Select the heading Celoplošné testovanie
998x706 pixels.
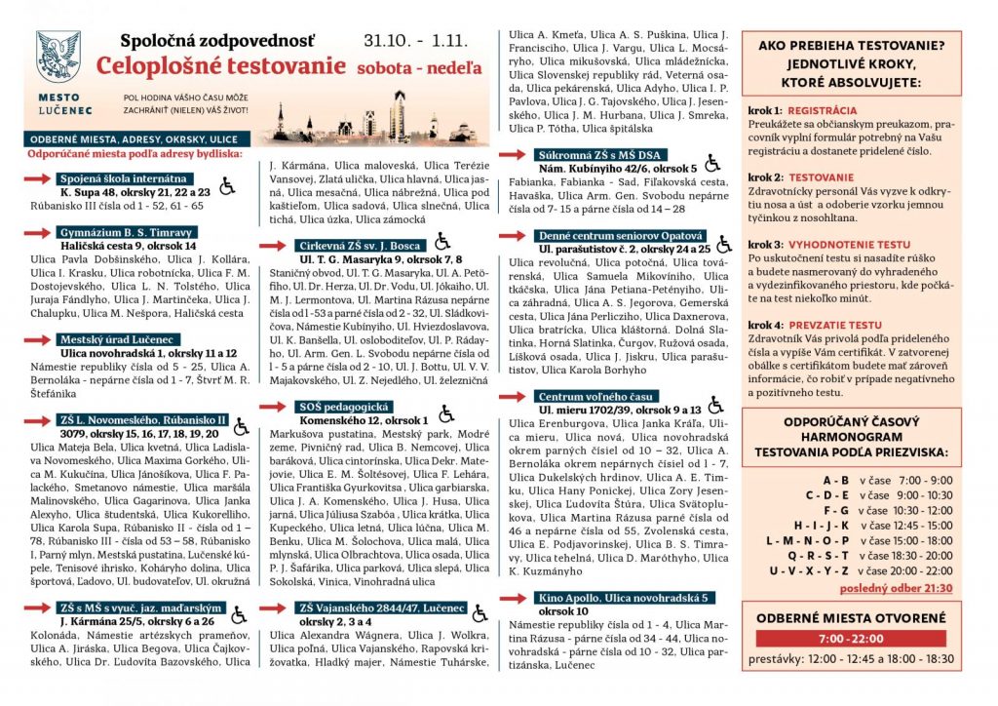pyautogui.click(x=221, y=66)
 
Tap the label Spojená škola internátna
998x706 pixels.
pyautogui.click(x=122, y=179)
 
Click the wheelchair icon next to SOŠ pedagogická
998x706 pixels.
pyautogui.click(x=445, y=413)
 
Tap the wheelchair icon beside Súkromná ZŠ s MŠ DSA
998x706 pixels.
pyautogui.click(x=713, y=161)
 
